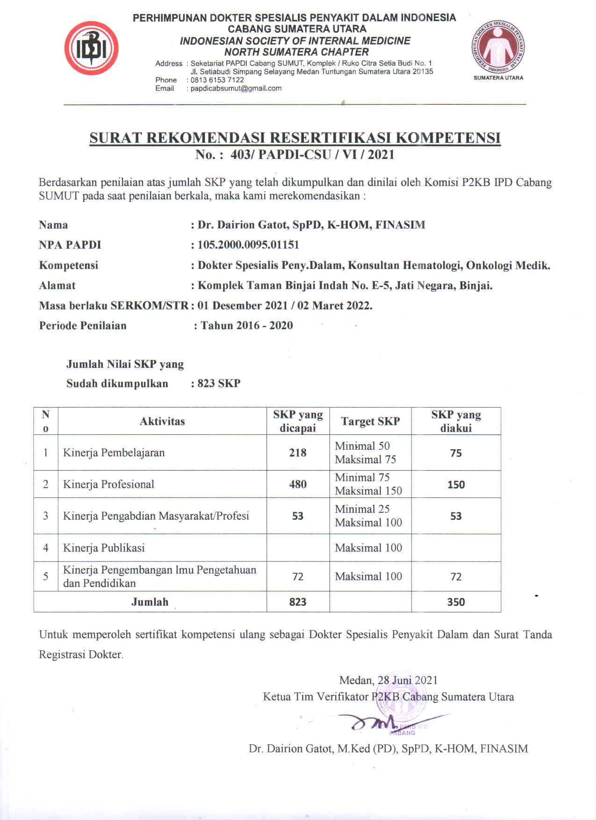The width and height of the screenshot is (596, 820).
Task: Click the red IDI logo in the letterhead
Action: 91,48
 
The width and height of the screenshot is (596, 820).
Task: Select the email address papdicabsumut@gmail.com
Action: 236,88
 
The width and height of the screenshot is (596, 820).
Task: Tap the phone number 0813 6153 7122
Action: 217,80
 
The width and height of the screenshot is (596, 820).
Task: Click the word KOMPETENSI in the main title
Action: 448,138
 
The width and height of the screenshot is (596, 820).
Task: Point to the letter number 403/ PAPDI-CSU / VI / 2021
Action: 312,155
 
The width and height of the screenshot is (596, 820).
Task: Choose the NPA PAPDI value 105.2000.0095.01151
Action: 248,245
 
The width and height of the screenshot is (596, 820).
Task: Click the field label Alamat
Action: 57,286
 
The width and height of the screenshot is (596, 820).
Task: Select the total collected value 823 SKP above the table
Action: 219,384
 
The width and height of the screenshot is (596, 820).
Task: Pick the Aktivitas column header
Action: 162,422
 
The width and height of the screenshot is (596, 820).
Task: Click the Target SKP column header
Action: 370,422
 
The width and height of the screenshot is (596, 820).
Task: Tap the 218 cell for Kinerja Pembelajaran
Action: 298,453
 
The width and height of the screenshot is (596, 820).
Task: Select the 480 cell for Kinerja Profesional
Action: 298,484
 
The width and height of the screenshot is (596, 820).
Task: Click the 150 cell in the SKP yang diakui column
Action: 456,485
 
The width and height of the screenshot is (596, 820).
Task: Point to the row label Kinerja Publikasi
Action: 104,548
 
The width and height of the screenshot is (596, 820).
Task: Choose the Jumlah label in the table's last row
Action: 150,602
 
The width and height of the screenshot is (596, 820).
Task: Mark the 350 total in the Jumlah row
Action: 456,602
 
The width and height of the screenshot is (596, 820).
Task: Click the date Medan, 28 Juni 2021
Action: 388,680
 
